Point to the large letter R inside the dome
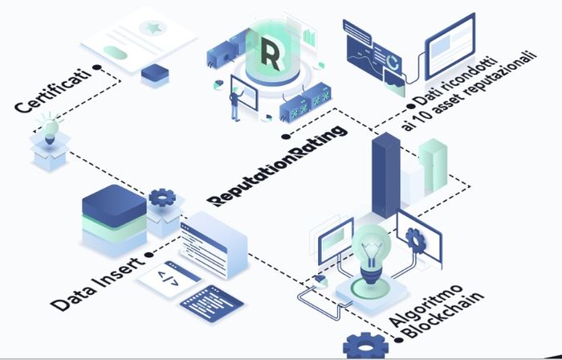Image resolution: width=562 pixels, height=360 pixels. pos(270,52)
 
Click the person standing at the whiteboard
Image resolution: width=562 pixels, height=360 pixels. pos(236,103)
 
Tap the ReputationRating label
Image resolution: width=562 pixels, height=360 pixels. pos(277,165)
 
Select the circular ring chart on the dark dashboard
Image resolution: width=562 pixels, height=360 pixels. pos(393,62)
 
